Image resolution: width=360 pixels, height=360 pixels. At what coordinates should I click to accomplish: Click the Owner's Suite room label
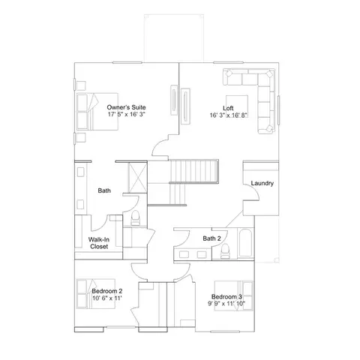tap(126, 107)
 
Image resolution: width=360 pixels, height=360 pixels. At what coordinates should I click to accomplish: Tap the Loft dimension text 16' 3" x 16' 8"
tap(229, 115)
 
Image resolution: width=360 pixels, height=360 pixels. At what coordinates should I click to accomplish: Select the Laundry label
tap(262, 183)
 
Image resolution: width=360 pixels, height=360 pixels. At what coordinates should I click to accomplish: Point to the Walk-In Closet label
tap(99, 243)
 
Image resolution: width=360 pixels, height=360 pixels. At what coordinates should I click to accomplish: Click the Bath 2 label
tap(211, 238)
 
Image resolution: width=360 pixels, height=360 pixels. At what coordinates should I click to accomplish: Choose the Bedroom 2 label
tap(107, 291)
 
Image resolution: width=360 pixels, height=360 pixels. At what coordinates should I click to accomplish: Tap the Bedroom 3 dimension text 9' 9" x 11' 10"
tap(226, 304)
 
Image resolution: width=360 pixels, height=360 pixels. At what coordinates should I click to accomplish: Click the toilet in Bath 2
tap(225, 251)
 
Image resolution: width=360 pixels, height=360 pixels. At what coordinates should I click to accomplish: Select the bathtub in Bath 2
tap(245, 243)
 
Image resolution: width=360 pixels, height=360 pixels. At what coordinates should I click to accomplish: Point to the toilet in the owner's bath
tap(136, 217)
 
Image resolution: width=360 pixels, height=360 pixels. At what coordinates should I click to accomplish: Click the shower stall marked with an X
tap(137, 178)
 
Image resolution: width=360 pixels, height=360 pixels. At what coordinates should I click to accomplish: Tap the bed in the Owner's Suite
tap(97, 112)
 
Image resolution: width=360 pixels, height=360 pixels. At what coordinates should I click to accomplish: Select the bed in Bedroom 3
tap(234, 295)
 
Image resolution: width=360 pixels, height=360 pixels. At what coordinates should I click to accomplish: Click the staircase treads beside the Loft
tap(194, 172)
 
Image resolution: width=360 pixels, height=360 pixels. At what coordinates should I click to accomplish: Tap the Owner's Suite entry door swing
tap(160, 148)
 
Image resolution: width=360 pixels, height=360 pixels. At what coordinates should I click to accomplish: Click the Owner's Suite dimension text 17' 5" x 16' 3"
tap(127, 114)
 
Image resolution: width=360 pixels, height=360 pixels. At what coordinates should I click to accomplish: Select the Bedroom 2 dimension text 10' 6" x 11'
tap(107, 298)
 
